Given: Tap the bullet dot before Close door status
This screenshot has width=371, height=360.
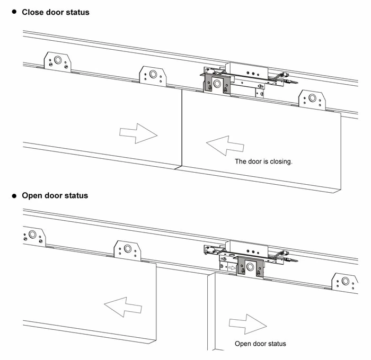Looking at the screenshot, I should point(15,11).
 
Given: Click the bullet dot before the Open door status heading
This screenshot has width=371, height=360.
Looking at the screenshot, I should point(15,195).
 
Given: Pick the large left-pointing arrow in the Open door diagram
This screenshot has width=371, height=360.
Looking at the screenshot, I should point(123,306).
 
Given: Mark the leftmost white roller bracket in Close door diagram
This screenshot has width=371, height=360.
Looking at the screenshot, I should point(57,62).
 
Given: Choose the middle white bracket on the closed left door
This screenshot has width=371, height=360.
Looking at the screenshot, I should point(153,76).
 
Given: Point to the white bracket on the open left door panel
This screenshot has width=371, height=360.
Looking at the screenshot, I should point(127,249).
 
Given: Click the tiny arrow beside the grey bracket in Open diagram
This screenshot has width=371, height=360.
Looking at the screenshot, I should point(231,268).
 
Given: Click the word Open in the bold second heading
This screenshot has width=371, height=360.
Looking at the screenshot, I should point(32,196).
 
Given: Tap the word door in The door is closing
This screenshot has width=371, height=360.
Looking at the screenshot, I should point(255,161).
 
